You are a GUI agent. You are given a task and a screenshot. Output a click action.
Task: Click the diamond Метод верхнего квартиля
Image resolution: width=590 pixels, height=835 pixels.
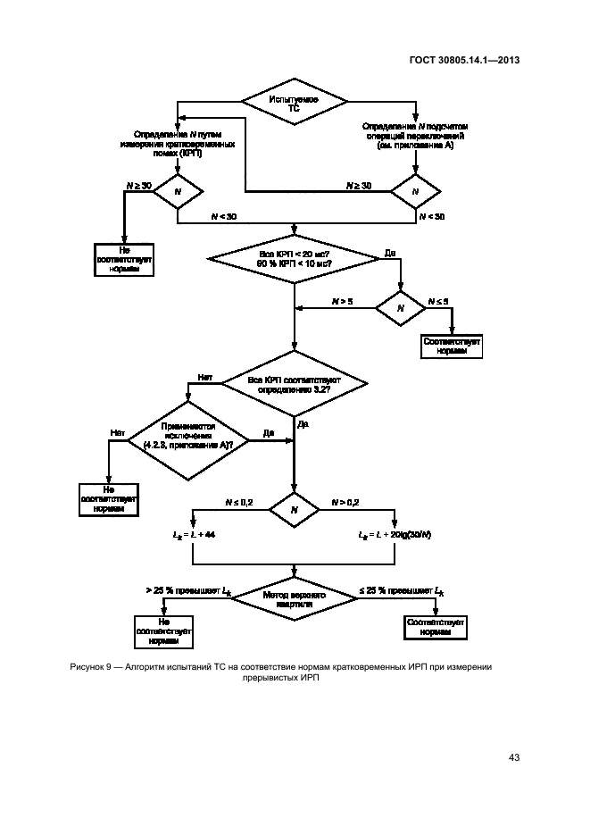[295, 599]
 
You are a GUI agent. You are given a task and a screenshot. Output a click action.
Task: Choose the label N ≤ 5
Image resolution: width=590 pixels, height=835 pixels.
[438, 303]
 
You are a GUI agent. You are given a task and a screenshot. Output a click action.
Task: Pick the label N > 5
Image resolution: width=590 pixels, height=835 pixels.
[343, 303]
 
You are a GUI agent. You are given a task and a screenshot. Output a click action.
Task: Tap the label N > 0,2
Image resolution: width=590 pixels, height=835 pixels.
[346, 504]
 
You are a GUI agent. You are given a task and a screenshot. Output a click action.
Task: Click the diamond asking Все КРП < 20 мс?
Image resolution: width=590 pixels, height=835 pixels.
[295, 259]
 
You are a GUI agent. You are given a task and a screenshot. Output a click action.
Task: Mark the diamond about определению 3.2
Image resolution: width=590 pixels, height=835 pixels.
[295, 385]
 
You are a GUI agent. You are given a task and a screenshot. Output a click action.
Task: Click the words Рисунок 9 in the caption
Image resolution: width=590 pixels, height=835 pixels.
[91, 666]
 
